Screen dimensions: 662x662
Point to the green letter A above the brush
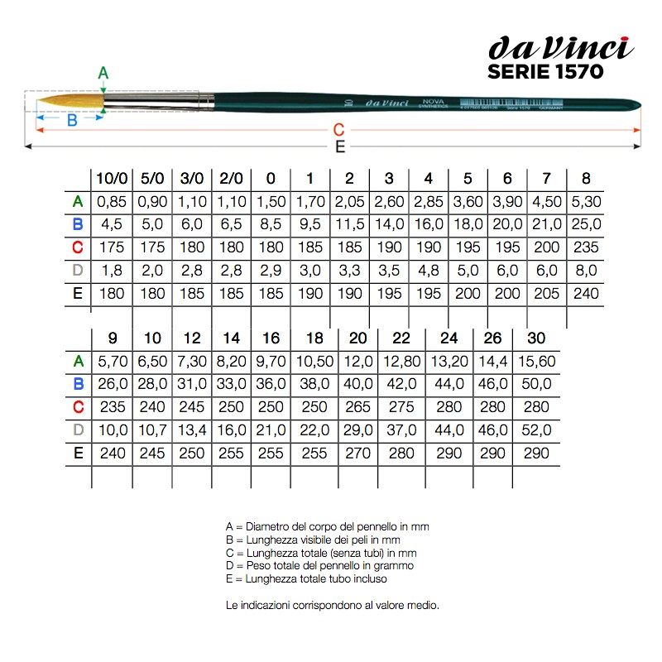tap(103, 73)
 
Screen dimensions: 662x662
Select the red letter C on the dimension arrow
tap(338, 130)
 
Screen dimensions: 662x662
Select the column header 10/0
tap(112, 178)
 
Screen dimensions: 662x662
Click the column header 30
tap(535, 338)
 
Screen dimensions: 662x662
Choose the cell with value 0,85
tap(111, 201)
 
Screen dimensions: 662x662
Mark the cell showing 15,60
tap(536, 361)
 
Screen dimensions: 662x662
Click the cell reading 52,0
tap(536, 430)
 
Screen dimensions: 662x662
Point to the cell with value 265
tap(357, 407)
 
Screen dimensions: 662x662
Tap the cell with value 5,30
tap(586, 201)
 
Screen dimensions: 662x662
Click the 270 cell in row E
tap(357, 453)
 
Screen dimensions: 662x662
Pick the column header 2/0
tap(232, 178)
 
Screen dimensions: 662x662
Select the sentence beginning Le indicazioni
tap(331, 605)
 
